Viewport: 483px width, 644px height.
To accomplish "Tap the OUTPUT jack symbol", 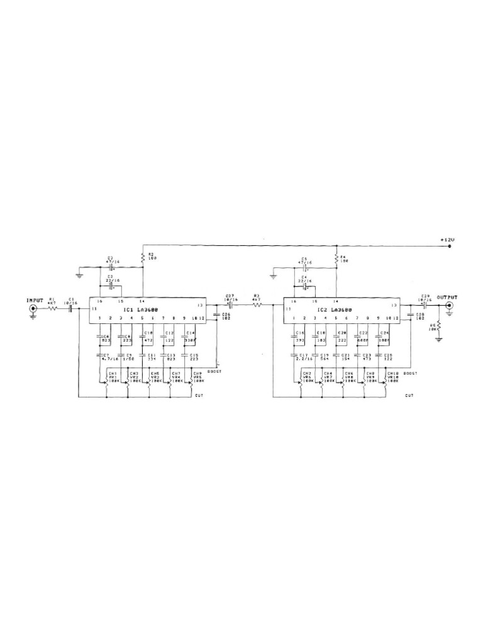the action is pyautogui.click(x=449, y=306).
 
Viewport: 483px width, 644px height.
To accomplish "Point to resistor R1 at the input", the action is pyautogui.click(x=52, y=308).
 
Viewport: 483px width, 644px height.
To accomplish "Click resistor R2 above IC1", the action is pyautogui.click(x=143, y=257).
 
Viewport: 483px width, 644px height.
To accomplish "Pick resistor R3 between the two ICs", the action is pyautogui.click(x=257, y=305).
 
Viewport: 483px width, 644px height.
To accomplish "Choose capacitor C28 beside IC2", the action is pyautogui.click(x=416, y=316).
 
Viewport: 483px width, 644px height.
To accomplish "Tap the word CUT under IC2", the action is pyautogui.click(x=409, y=396).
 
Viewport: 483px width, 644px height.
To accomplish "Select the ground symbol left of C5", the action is pyautogui.click(x=274, y=274).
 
